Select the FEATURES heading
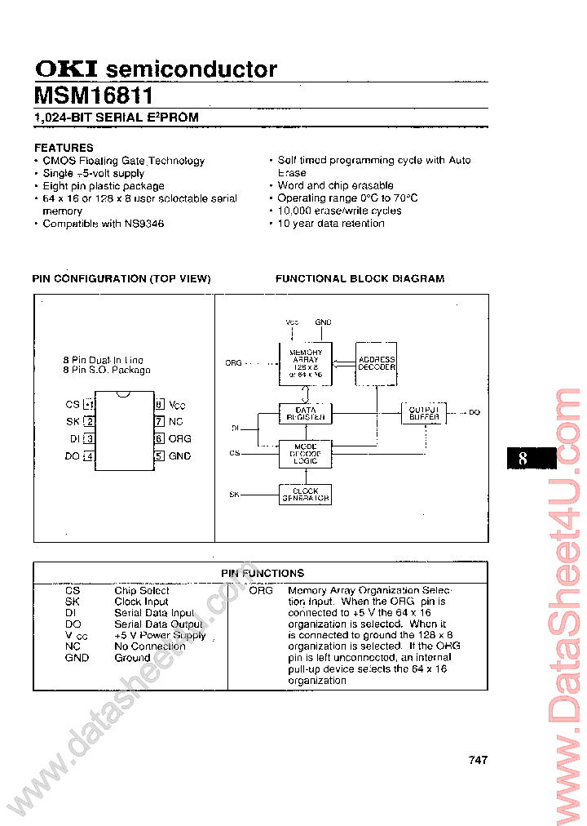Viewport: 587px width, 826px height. coord(64,148)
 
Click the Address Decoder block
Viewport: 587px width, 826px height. coord(377,363)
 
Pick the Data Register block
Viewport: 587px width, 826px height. coord(305,414)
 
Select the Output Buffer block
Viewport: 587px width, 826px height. coord(425,413)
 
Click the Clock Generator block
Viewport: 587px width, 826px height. coord(305,495)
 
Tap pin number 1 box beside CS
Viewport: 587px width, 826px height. coord(90,405)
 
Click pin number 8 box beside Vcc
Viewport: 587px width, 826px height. coord(160,404)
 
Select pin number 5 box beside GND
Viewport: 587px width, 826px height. coord(160,456)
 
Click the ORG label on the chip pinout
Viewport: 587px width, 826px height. coord(179,439)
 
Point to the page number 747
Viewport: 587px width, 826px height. coord(479,760)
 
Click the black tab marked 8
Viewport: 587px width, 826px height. coord(531,458)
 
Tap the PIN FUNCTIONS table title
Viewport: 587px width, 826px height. coord(263,574)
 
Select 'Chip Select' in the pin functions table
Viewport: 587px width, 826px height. coord(142,590)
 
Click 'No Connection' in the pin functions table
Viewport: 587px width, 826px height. coord(149,646)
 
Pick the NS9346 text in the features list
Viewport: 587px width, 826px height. coord(144,223)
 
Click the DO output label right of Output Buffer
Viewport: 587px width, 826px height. coord(474,413)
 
